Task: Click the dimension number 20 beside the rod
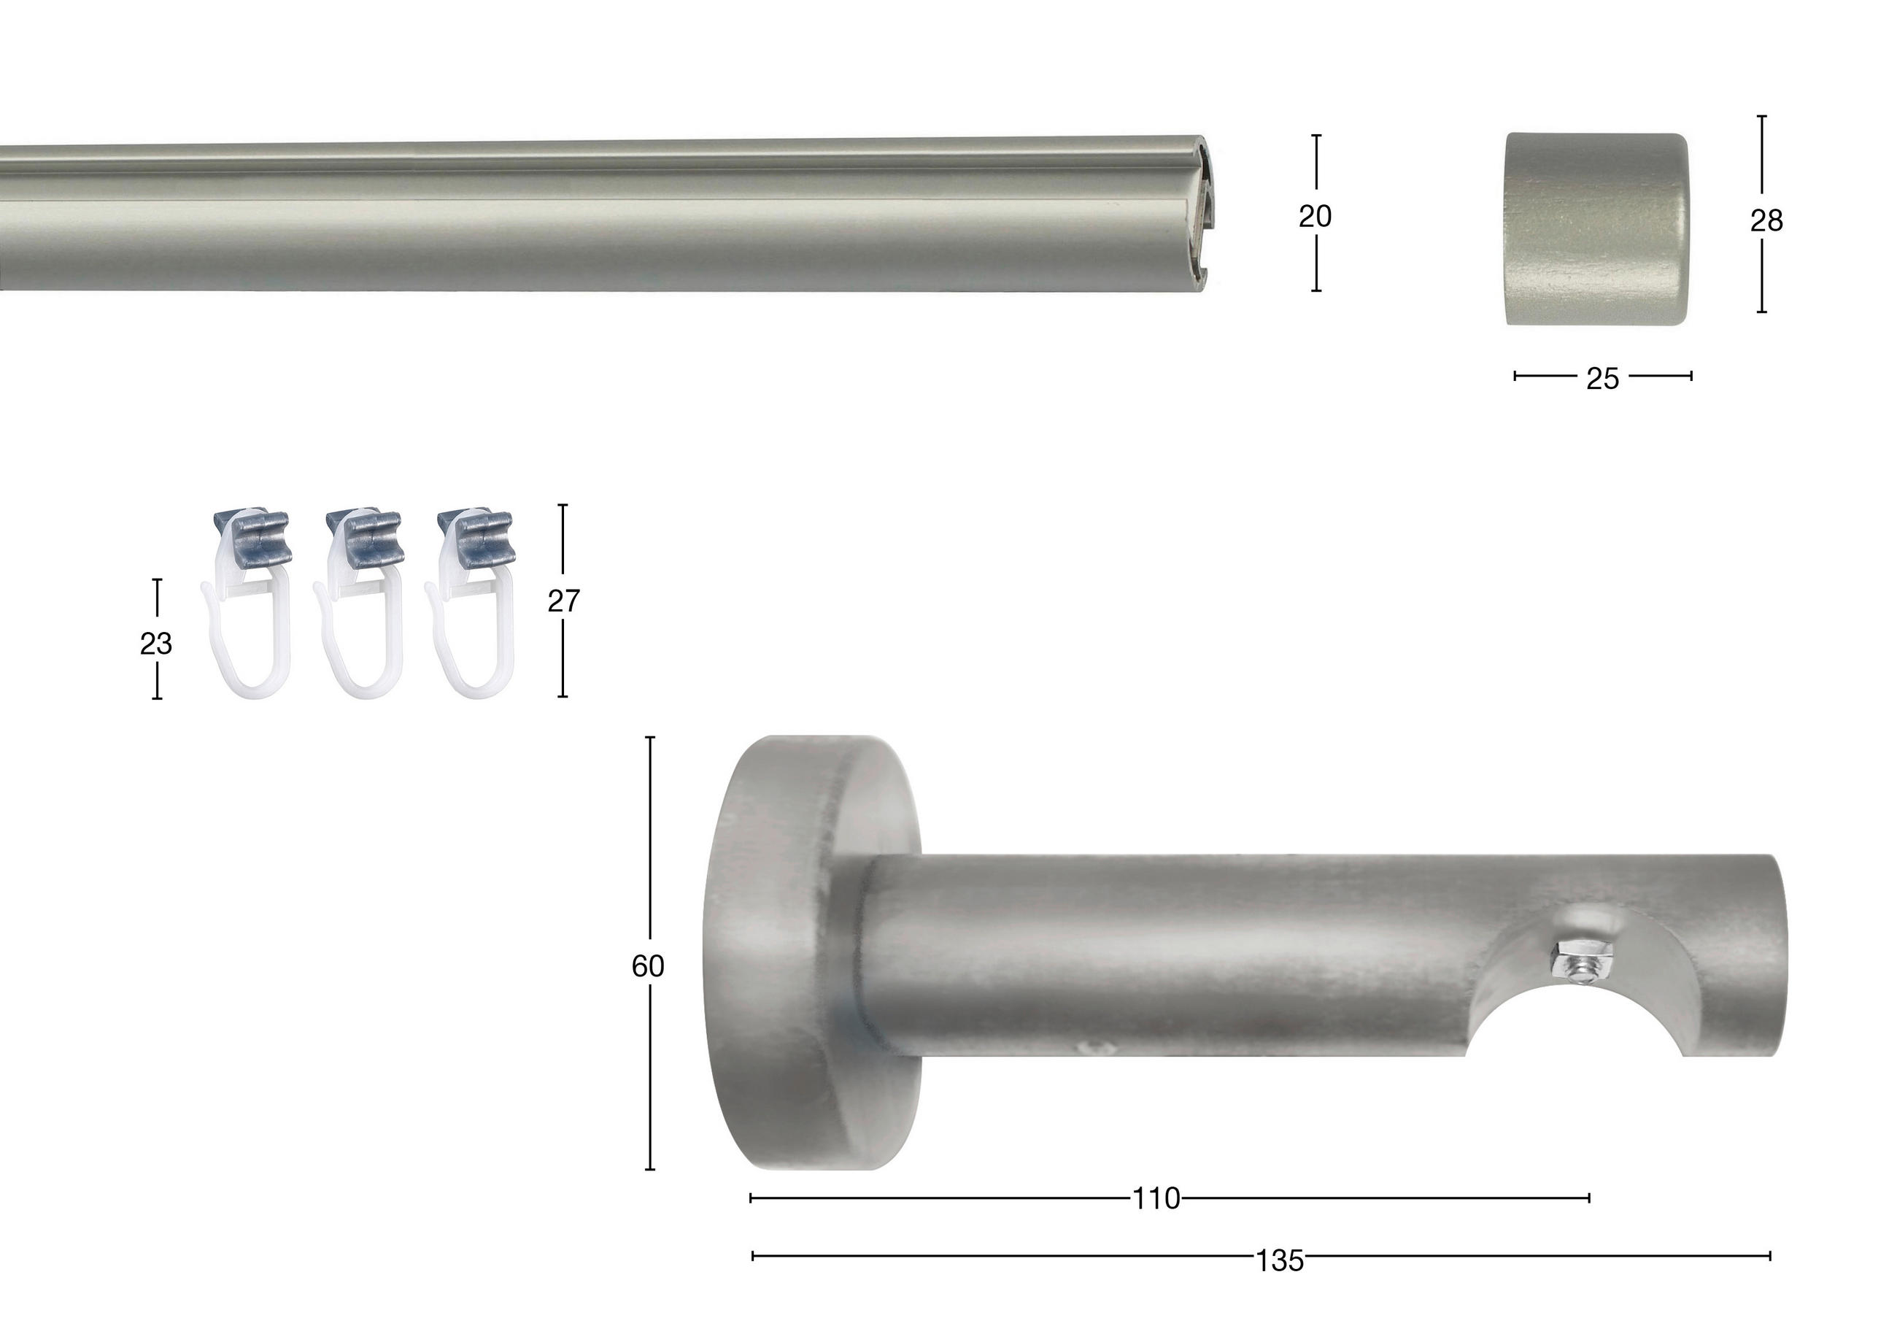(x=1315, y=217)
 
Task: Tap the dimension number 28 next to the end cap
(x=1766, y=220)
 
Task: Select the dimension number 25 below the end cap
(x=1602, y=379)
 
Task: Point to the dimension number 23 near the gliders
(x=155, y=643)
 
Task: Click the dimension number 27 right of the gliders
(x=563, y=601)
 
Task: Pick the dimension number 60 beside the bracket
(x=648, y=966)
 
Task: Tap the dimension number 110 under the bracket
(x=1156, y=1199)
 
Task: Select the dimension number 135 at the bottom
(x=1279, y=1261)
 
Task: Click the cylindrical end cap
(x=1596, y=229)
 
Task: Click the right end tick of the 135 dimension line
(x=1769, y=1256)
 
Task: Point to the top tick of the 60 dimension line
(x=650, y=737)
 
